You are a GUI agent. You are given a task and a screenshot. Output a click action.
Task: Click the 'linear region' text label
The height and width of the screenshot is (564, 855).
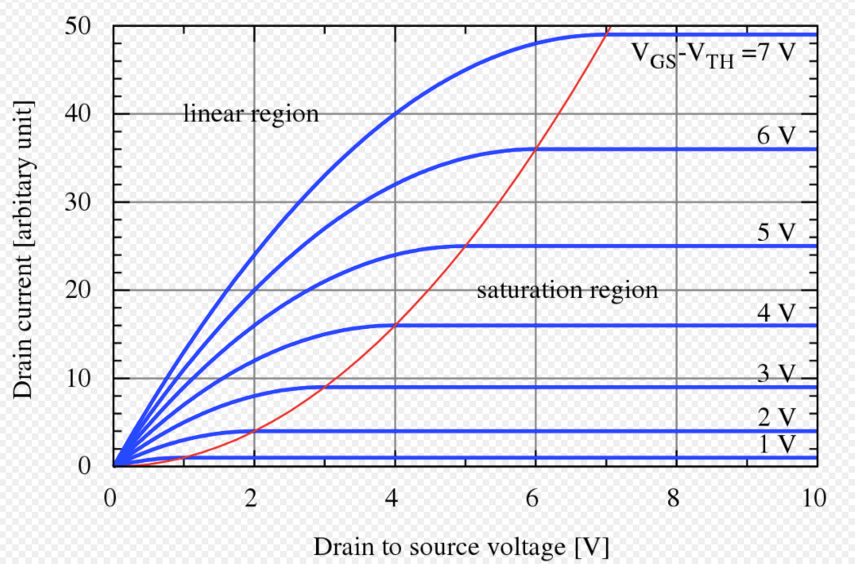point(251,113)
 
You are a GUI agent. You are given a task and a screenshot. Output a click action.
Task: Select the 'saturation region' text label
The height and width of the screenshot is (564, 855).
point(567,290)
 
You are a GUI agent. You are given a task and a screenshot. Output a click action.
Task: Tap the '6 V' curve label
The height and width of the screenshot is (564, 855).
point(775,135)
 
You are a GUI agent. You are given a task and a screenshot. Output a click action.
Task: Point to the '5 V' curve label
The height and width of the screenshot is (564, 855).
point(775,233)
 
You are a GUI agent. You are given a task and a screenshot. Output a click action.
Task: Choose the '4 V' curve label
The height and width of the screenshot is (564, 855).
point(775,312)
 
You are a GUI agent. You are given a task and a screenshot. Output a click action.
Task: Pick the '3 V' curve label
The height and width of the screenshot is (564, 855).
point(775,374)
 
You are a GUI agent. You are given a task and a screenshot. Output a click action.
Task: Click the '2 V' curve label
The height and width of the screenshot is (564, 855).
point(775,418)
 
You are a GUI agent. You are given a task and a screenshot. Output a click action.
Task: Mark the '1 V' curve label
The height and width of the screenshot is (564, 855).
point(775,446)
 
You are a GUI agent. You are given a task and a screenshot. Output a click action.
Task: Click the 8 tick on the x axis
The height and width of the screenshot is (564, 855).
point(675,497)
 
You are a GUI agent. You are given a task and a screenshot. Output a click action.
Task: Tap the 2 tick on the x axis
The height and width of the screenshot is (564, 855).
point(254,497)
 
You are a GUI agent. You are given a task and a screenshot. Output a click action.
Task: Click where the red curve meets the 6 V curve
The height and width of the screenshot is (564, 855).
point(536,149)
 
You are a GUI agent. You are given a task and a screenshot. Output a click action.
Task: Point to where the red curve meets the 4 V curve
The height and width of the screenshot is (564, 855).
point(395,325)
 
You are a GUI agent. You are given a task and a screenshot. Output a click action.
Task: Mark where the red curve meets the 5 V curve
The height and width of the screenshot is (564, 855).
point(465,246)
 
